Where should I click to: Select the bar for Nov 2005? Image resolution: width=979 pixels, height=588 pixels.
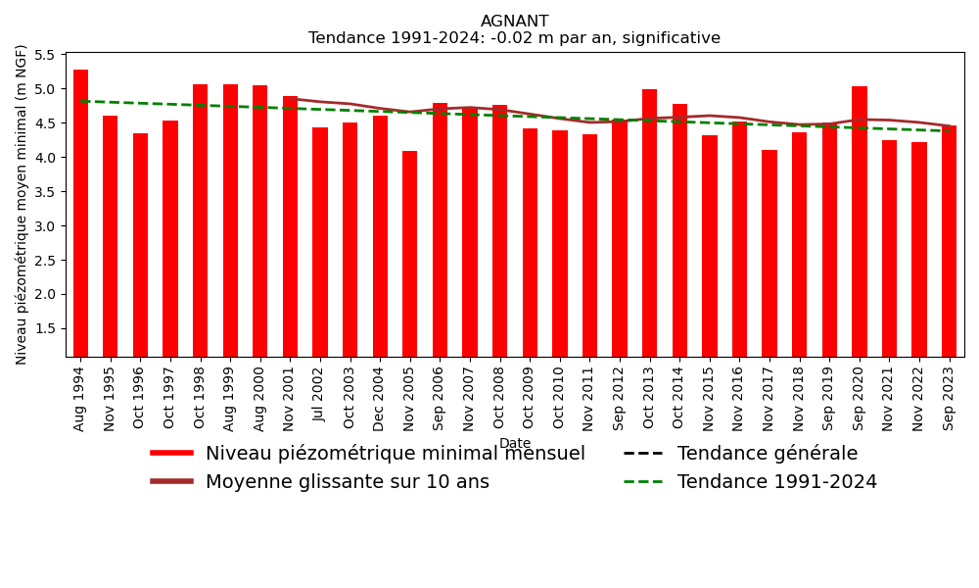coord(410,254)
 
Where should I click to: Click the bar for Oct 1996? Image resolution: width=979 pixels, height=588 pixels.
coord(140,245)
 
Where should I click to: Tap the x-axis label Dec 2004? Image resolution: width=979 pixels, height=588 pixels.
coord(380,398)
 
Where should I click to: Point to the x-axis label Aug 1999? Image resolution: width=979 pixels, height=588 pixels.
coord(230,398)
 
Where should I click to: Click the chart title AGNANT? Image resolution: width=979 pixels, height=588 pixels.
coord(514,22)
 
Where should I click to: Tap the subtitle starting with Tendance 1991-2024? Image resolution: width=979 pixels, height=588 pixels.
coord(514,38)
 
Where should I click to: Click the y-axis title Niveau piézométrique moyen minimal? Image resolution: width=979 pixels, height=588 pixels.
coord(22,204)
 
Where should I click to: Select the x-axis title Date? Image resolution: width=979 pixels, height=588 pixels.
coord(514,444)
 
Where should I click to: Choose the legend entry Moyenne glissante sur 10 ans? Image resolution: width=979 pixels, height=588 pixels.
coord(347,482)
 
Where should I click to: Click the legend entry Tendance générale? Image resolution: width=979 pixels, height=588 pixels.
coord(767,454)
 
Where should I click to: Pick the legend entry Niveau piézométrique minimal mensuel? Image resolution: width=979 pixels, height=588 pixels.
coord(395,454)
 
